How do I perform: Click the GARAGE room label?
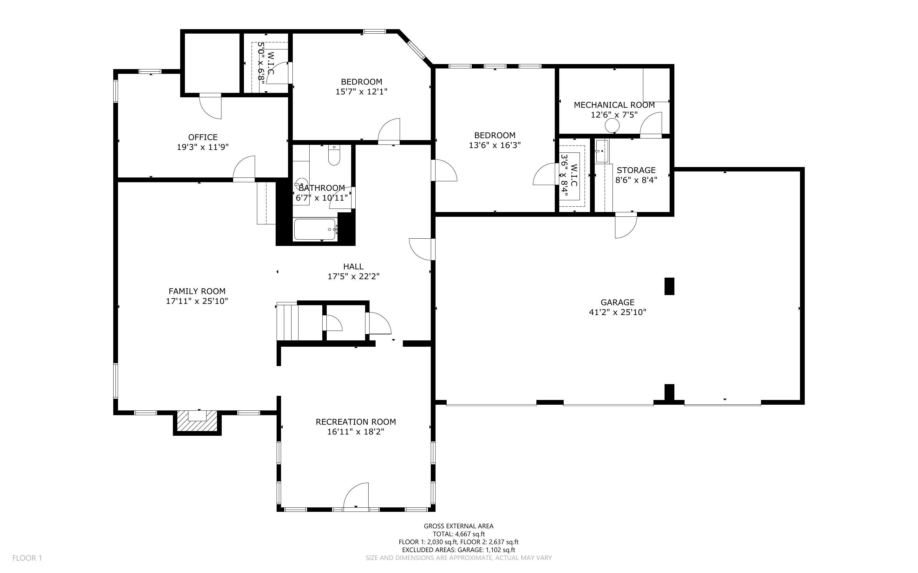pyautogui.click(x=617, y=302)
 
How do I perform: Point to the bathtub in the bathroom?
pyautogui.click(x=315, y=229)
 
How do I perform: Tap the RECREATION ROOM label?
pyautogui.click(x=356, y=422)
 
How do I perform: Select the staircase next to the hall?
pyautogui.click(x=287, y=322)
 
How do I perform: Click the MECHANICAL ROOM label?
pyautogui.click(x=614, y=105)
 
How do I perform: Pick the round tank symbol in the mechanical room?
pyautogui.click(x=612, y=125)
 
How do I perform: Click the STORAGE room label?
pyautogui.click(x=636, y=170)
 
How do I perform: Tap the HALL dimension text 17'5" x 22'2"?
pyautogui.click(x=353, y=277)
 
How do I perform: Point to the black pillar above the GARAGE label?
pyautogui.click(x=669, y=286)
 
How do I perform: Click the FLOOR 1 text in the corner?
pyautogui.click(x=27, y=558)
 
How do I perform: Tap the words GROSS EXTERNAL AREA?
pyautogui.click(x=458, y=526)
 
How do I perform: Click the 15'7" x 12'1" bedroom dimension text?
pyautogui.click(x=361, y=92)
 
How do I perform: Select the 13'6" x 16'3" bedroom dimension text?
pyautogui.click(x=495, y=145)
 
